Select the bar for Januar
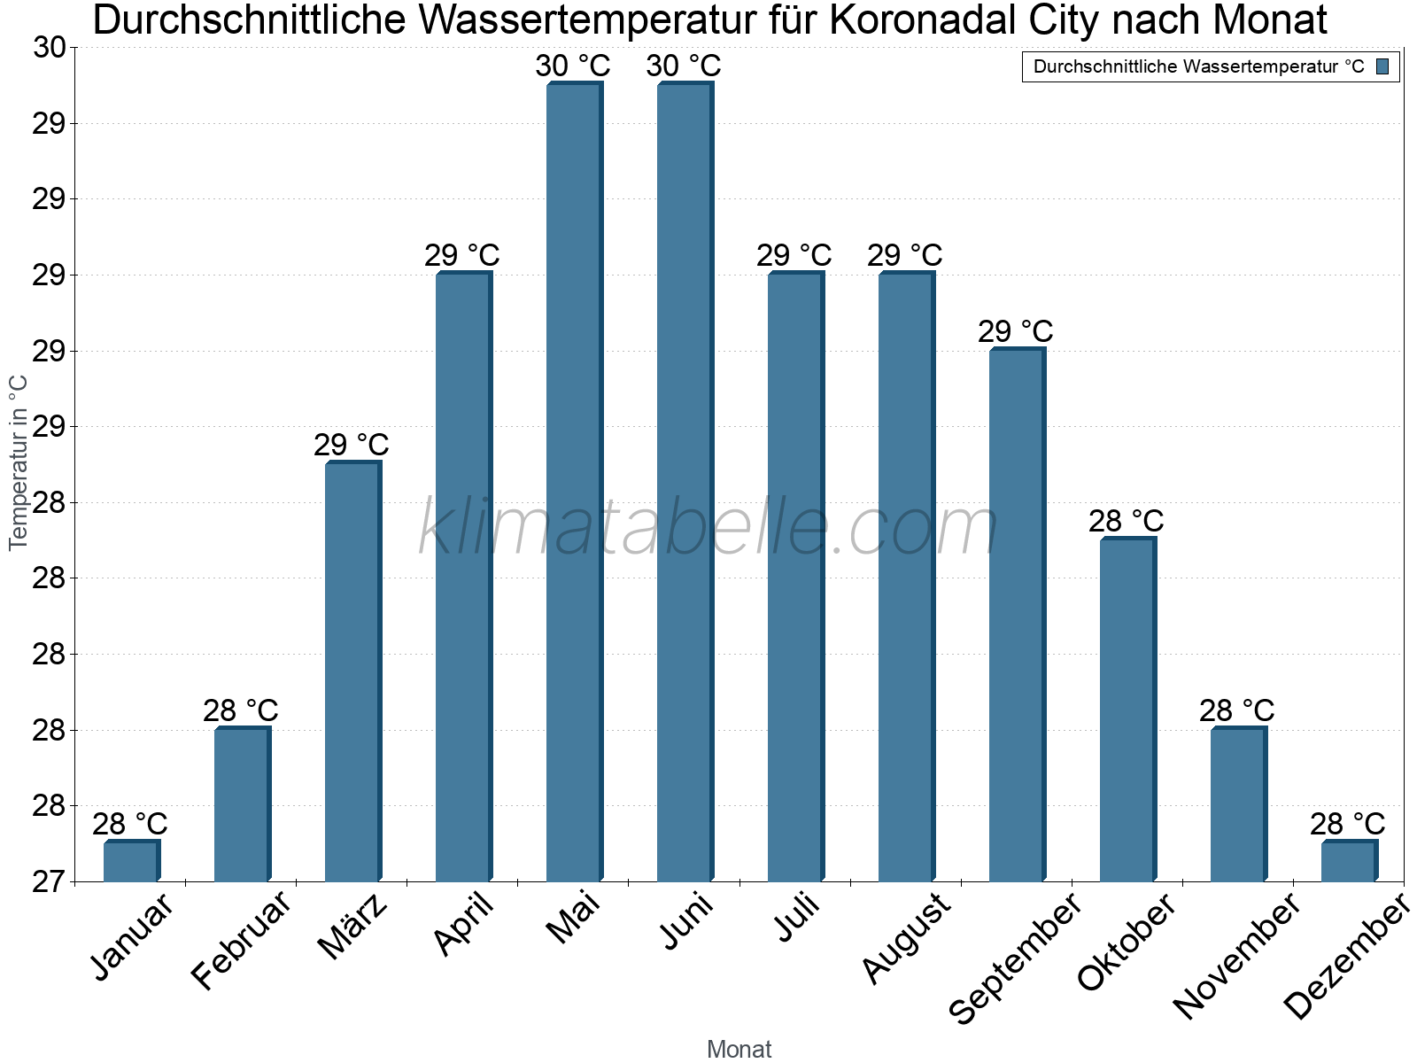click(131, 861)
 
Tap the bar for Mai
click(574, 483)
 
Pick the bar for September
click(1017, 616)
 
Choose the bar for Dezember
click(1349, 861)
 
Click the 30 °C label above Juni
click(684, 66)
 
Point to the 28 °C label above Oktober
click(1127, 521)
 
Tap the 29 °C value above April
click(462, 255)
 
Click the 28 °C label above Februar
click(241, 710)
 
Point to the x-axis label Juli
click(797, 918)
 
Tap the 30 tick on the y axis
click(50, 48)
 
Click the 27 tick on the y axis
click(50, 882)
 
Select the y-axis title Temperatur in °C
click(19, 462)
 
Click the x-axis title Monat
click(739, 1050)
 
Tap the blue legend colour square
click(1383, 66)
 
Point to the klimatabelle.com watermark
click(708, 528)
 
